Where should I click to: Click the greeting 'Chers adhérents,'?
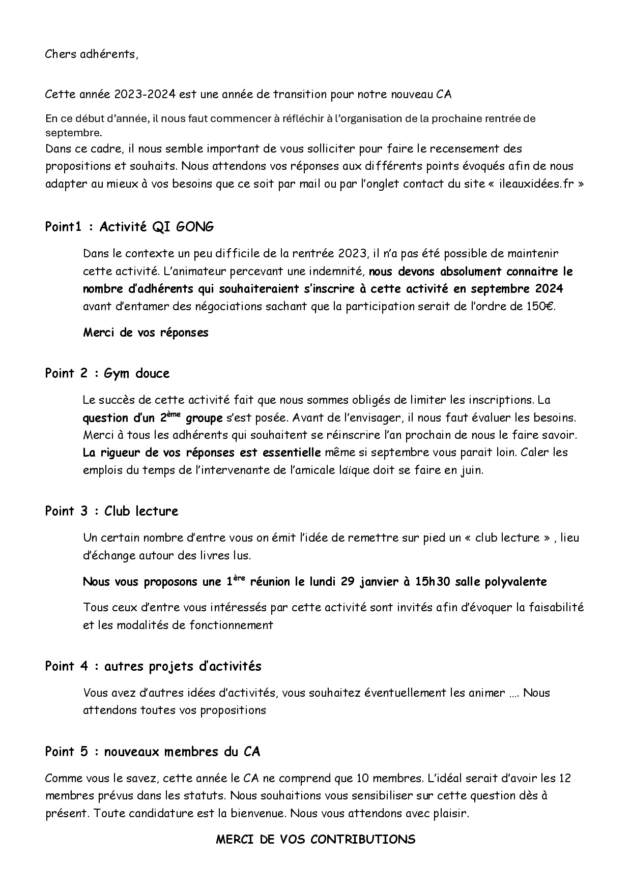pos(92,54)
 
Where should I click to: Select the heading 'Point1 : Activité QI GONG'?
pos(129,227)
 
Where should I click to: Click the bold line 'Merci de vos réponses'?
pos(146,333)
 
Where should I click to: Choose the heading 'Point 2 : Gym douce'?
pos(107,373)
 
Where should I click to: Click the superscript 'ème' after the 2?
pos(175,414)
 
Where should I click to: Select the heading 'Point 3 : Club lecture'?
pos(111,511)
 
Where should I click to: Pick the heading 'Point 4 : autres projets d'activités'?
pos(153,666)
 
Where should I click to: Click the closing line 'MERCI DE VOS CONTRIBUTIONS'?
pos(315,840)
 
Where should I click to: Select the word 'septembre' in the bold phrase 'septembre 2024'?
pos(501,289)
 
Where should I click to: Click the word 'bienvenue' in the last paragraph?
pos(257,813)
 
